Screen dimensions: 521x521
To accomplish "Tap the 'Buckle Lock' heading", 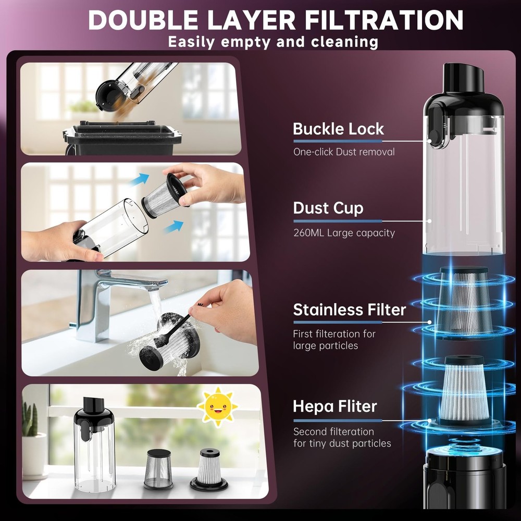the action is [338, 129].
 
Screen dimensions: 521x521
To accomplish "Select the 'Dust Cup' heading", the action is [328, 209].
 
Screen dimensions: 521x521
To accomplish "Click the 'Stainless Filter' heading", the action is [349, 309].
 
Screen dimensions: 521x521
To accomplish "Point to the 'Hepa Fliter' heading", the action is [334, 406].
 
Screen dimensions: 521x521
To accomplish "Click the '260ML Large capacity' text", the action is [344, 232].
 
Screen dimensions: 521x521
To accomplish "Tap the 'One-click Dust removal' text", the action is [344, 152].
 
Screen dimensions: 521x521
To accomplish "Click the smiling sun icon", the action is [217, 406].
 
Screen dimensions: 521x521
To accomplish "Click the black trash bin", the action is [122, 138].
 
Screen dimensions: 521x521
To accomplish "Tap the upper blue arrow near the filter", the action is [139, 180].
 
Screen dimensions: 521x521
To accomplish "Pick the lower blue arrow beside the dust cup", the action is [173, 227].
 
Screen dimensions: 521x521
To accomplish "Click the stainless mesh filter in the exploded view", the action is [464, 303].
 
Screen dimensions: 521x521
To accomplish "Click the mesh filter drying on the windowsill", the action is [158, 469].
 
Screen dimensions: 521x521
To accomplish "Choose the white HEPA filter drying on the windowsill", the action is [209, 469].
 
